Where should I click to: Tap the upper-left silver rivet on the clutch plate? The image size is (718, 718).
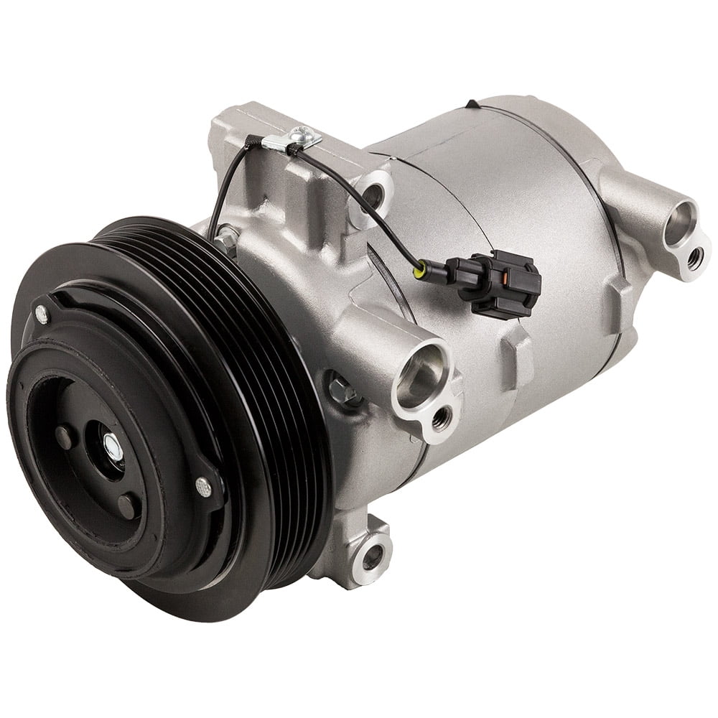point(41,312)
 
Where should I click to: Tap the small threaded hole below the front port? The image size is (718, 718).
point(442,414)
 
